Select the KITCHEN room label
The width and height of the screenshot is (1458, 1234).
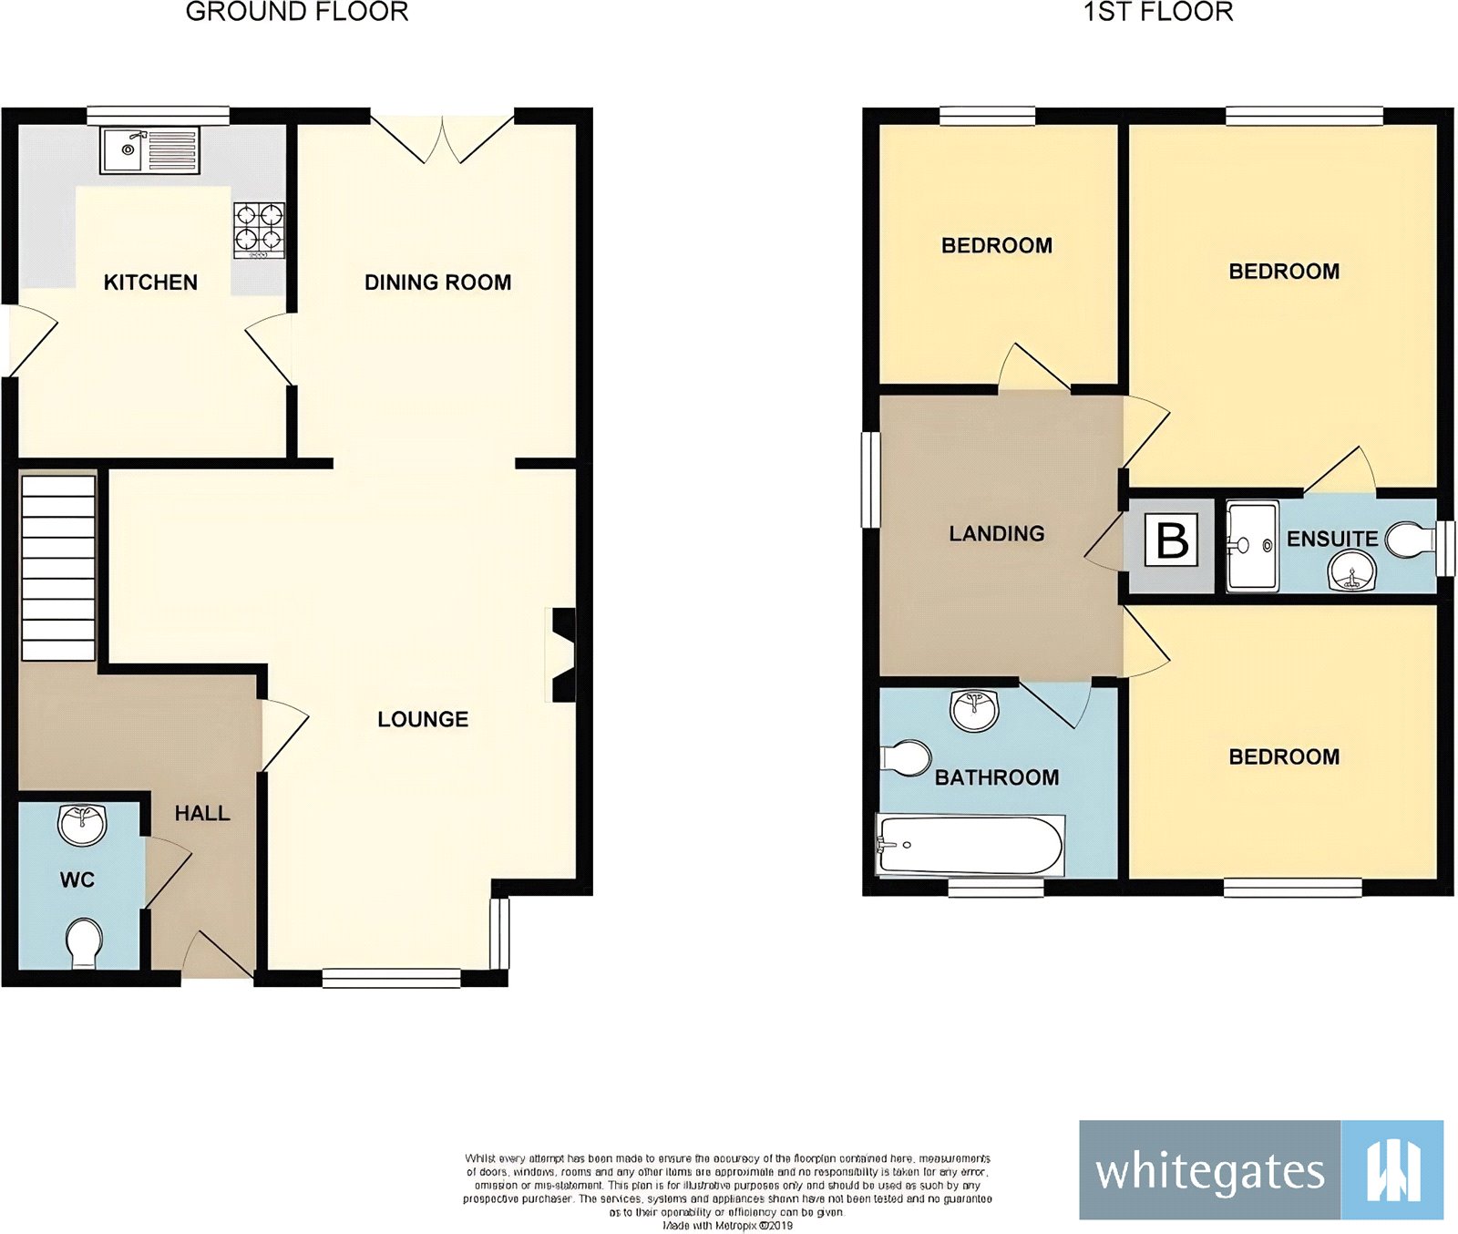(x=150, y=283)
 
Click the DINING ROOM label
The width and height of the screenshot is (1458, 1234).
(x=437, y=283)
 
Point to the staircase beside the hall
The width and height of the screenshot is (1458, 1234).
(x=58, y=566)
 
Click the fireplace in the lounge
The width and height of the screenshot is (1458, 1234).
(x=563, y=655)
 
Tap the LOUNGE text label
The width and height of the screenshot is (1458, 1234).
(x=423, y=719)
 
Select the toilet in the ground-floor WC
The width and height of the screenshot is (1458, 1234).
(x=84, y=942)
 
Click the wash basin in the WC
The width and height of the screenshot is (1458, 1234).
(x=82, y=824)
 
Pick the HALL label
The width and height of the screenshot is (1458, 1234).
(x=202, y=813)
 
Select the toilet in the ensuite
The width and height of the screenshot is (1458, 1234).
(x=1408, y=540)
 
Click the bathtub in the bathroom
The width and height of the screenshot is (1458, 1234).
(x=970, y=845)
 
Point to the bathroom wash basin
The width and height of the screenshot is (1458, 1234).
(x=973, y=709)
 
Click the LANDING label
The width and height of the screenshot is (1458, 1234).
(x=996, y=533)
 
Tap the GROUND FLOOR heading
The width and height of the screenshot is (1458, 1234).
(x=297, y=12)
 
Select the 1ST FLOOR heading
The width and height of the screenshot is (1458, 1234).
(x=1157, y=12)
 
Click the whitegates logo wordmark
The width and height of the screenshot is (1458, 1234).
(x=1209, y=1171)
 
